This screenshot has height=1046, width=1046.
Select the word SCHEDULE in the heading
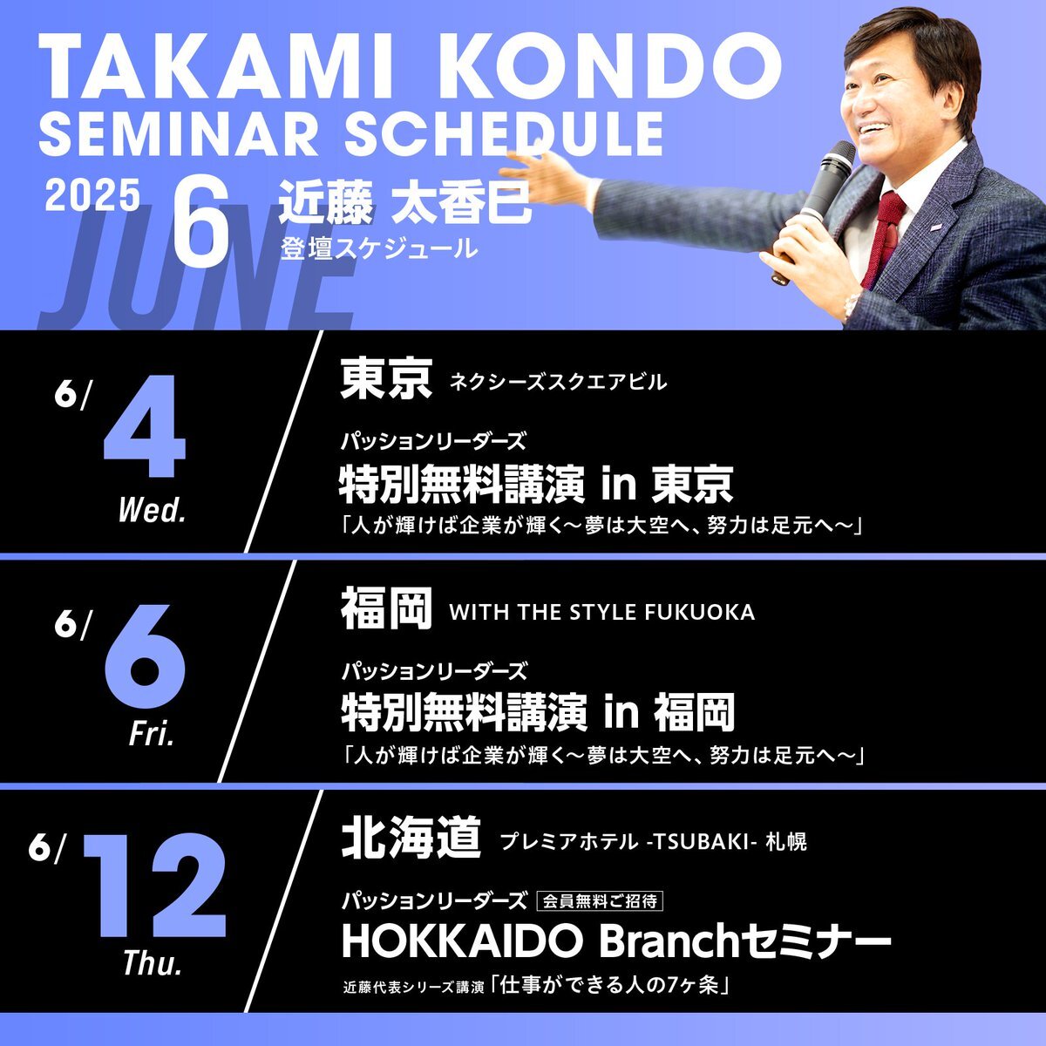point(505,133)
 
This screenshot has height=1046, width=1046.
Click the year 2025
point(92,195)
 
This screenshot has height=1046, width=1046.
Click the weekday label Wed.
point(153,511)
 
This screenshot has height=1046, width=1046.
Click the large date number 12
point(153,888)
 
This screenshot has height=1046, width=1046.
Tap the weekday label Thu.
point(153,962)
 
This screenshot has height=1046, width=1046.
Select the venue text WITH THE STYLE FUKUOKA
point(602,612)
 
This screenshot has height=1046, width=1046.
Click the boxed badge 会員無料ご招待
point(600,901)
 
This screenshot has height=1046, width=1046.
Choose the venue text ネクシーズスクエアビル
point(558,383)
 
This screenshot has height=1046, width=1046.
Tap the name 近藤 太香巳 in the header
point(404,205)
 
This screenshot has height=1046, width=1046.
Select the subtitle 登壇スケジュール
point(379,249)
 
